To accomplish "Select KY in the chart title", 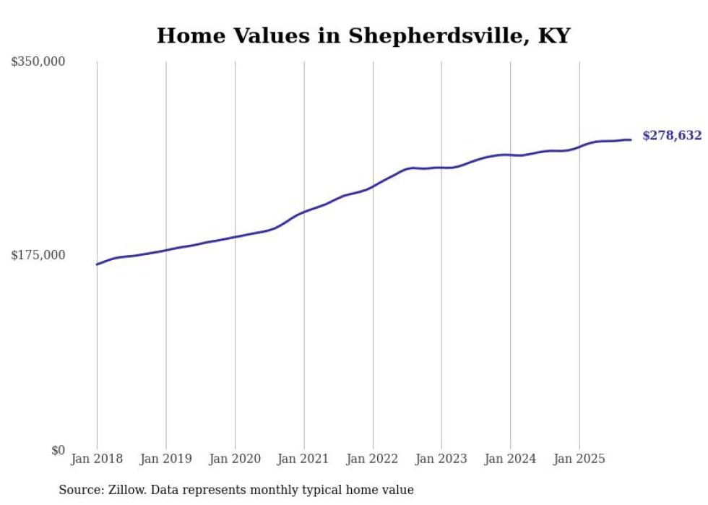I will coord(554,36).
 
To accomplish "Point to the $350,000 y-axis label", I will coord(38,61).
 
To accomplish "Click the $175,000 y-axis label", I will coord(38,255).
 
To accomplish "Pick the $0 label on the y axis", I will coord(58,450).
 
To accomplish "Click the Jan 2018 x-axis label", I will coord(97,459).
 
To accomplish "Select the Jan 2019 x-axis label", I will coord(166,459).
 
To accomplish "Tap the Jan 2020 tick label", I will coord(235,459).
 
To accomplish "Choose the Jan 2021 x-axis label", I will coord(303,459).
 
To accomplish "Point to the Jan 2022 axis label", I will coord(373,459).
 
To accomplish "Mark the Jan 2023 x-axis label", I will coord(441,459).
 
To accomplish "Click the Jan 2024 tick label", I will coord(510,459).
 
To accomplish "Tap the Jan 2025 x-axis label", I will coord(579,459).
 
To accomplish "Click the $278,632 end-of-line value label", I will coord(672,136).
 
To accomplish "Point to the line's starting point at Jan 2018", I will coord(97,264).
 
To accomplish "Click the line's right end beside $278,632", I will coord(631,139).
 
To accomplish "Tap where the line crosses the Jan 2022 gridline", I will coord(373,186).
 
